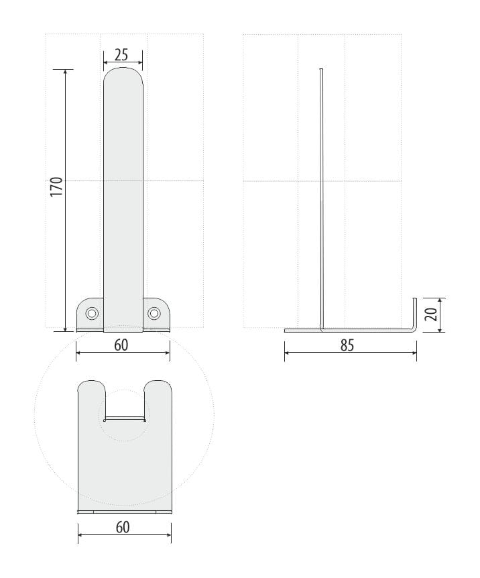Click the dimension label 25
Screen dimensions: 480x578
121,54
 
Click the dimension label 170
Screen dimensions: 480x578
56,187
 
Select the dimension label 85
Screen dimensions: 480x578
347,345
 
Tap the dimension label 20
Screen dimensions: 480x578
431,314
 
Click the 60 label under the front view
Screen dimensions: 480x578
121,345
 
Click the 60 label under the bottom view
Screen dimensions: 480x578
123,528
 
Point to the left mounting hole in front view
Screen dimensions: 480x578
92,314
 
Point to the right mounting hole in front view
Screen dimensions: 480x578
154,314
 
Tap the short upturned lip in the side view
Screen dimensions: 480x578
414,313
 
